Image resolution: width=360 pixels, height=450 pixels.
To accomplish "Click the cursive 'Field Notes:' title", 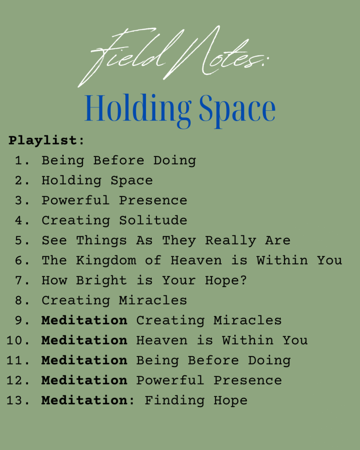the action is coord(173,56).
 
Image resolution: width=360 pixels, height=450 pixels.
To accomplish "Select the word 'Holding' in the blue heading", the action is coord(138,110).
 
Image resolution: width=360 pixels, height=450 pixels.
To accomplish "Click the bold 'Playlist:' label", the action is coord(46,141).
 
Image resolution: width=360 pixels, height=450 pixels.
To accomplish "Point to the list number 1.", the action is coord(22,160).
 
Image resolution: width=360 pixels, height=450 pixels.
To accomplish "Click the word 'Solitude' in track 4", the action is coord(153,221).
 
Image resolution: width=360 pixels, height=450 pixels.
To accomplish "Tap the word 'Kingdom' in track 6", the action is coord(106,261).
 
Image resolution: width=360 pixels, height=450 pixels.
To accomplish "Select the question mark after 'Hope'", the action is coord(244,280).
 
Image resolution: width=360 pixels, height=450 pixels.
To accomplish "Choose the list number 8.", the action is coord(22,301).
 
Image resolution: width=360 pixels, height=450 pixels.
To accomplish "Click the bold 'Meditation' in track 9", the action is coord(84,320).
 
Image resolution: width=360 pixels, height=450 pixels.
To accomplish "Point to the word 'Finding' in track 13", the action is coord(174,401).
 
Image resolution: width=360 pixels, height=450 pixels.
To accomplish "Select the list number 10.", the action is coord(18,341).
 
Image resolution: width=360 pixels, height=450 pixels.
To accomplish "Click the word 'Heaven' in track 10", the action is coord(162,341).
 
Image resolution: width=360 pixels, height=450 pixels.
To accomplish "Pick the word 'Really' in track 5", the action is coord(230,241).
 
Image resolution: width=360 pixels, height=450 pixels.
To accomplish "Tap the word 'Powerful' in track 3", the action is coord(76,200).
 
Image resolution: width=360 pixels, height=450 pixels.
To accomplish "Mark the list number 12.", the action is coord(18,381).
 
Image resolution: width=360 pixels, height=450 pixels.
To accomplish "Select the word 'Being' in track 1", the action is coord(63,161).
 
